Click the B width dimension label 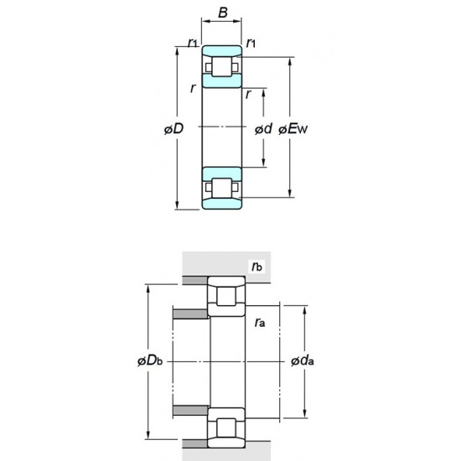(x=222, y=13)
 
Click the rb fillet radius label (x=256, y=267)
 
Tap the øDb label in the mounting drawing (x=149, y=360)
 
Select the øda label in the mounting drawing (x=303, y=360)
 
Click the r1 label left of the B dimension (x=192, y=42)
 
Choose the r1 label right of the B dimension (x=251, y=42)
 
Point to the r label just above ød (x=249, y=95)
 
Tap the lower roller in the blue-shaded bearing (x=222, y=189)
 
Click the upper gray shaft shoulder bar (x=190, y=314)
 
